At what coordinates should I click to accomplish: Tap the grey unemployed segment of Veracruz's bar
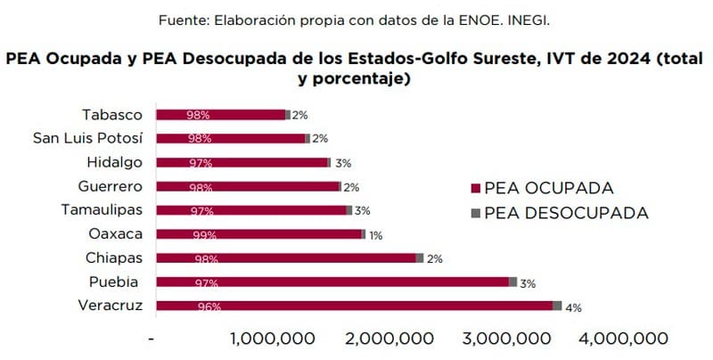point(557,306)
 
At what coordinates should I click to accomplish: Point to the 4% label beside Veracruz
point(573,308)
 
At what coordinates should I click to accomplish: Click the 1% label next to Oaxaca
point(375,235)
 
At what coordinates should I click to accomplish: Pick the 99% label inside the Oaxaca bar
point(204,235)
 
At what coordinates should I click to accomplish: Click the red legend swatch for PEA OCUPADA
point(475,189)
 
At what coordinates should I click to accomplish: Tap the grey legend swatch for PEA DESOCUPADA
point(475,214)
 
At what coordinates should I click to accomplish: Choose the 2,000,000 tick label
point(389,339)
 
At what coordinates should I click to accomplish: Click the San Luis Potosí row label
point(87,138)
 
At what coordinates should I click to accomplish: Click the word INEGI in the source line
point(531,19)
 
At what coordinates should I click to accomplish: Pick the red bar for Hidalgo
point(242,162)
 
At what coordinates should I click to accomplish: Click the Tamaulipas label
point(102,210)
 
